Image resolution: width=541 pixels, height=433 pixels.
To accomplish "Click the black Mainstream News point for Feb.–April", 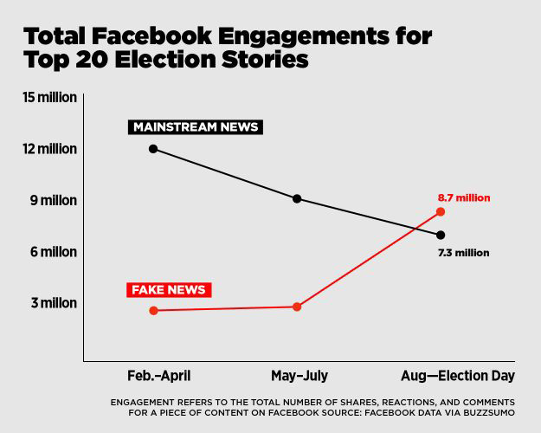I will pos(153,149).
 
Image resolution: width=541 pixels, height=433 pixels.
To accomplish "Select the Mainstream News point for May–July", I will pos(297,198).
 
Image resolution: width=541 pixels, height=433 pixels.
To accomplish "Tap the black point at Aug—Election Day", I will pos(441,235).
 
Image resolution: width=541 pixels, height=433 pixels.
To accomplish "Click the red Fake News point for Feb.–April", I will pos(153,310).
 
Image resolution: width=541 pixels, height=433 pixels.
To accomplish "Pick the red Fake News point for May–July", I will pos(297,307).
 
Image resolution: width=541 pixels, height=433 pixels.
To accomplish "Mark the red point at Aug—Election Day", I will pos(441,211).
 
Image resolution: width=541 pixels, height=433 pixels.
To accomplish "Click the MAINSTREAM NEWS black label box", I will pos(195,127).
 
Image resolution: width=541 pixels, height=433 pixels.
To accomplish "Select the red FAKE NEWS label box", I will pos(168,289).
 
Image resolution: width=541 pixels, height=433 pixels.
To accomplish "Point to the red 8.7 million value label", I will pos(464,197).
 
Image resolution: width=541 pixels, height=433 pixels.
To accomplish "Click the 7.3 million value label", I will pos(464,253).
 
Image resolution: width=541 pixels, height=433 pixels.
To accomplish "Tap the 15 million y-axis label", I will pos(50,97).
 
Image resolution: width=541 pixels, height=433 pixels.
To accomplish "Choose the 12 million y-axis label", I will pos(50,149).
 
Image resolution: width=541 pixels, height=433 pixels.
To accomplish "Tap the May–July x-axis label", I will pos(299,376).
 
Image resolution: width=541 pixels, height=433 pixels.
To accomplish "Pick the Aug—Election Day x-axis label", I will pos(458,376).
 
